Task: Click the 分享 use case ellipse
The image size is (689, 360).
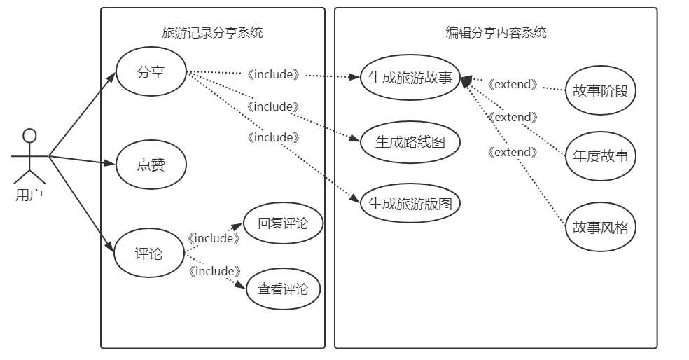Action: coord(151,72)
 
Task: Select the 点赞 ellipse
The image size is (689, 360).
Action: coord(151,165)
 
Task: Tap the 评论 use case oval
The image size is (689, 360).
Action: coord(148,253)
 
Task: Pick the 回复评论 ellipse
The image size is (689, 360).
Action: coord(283,224)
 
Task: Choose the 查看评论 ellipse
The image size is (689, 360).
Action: coord(283,289)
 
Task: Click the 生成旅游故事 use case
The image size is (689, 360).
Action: coord(410,78)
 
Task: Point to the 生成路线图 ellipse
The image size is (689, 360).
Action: coord(410,142)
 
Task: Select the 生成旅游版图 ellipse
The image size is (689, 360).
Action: coord(410,204)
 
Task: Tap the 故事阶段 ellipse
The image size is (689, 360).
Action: coord(600,91)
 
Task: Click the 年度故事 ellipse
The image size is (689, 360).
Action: coord(600,156)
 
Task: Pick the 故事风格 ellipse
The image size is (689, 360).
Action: coord(600,228)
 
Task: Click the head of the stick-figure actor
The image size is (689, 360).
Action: coord(29,135)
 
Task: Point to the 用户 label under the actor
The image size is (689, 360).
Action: coord(29,195)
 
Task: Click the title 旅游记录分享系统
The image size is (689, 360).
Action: coord(212,32)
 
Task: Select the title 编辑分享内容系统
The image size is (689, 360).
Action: coord(496,32)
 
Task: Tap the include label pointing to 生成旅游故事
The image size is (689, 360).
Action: coord(273,74)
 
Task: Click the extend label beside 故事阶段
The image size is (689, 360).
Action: coord(513,85)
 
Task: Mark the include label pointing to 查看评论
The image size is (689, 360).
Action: coord(214,271)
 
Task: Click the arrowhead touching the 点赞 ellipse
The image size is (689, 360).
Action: coord(111,165)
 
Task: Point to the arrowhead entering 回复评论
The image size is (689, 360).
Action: coord(238,226)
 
